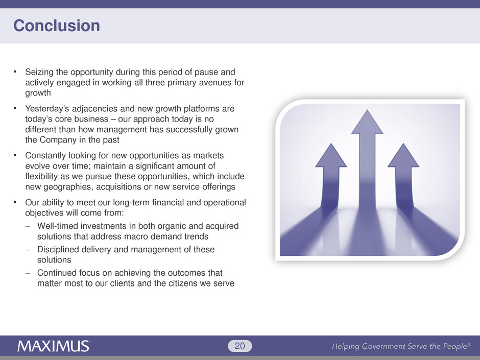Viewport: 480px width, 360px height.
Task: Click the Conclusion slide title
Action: click(x=57, y=26)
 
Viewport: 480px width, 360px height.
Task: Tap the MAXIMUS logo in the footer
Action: click(x=54, y=346)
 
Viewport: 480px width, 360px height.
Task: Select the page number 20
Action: click(x=239, y=346)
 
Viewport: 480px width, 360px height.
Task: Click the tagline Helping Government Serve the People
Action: click(x=401, y=346)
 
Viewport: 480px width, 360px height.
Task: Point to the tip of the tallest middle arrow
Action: click(x=367, y=110)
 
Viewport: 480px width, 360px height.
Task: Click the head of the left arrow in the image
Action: click(x=331, y=155)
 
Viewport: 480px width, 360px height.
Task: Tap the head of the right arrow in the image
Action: click(x=403, y=155)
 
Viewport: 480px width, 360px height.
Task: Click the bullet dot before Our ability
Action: click(x=15, y=202)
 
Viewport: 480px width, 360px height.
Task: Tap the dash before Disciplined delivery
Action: click(x=28, y=250)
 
